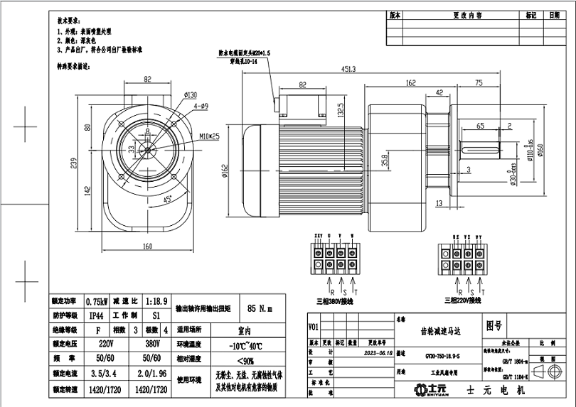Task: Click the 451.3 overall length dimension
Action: click(x=349, y=69)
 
